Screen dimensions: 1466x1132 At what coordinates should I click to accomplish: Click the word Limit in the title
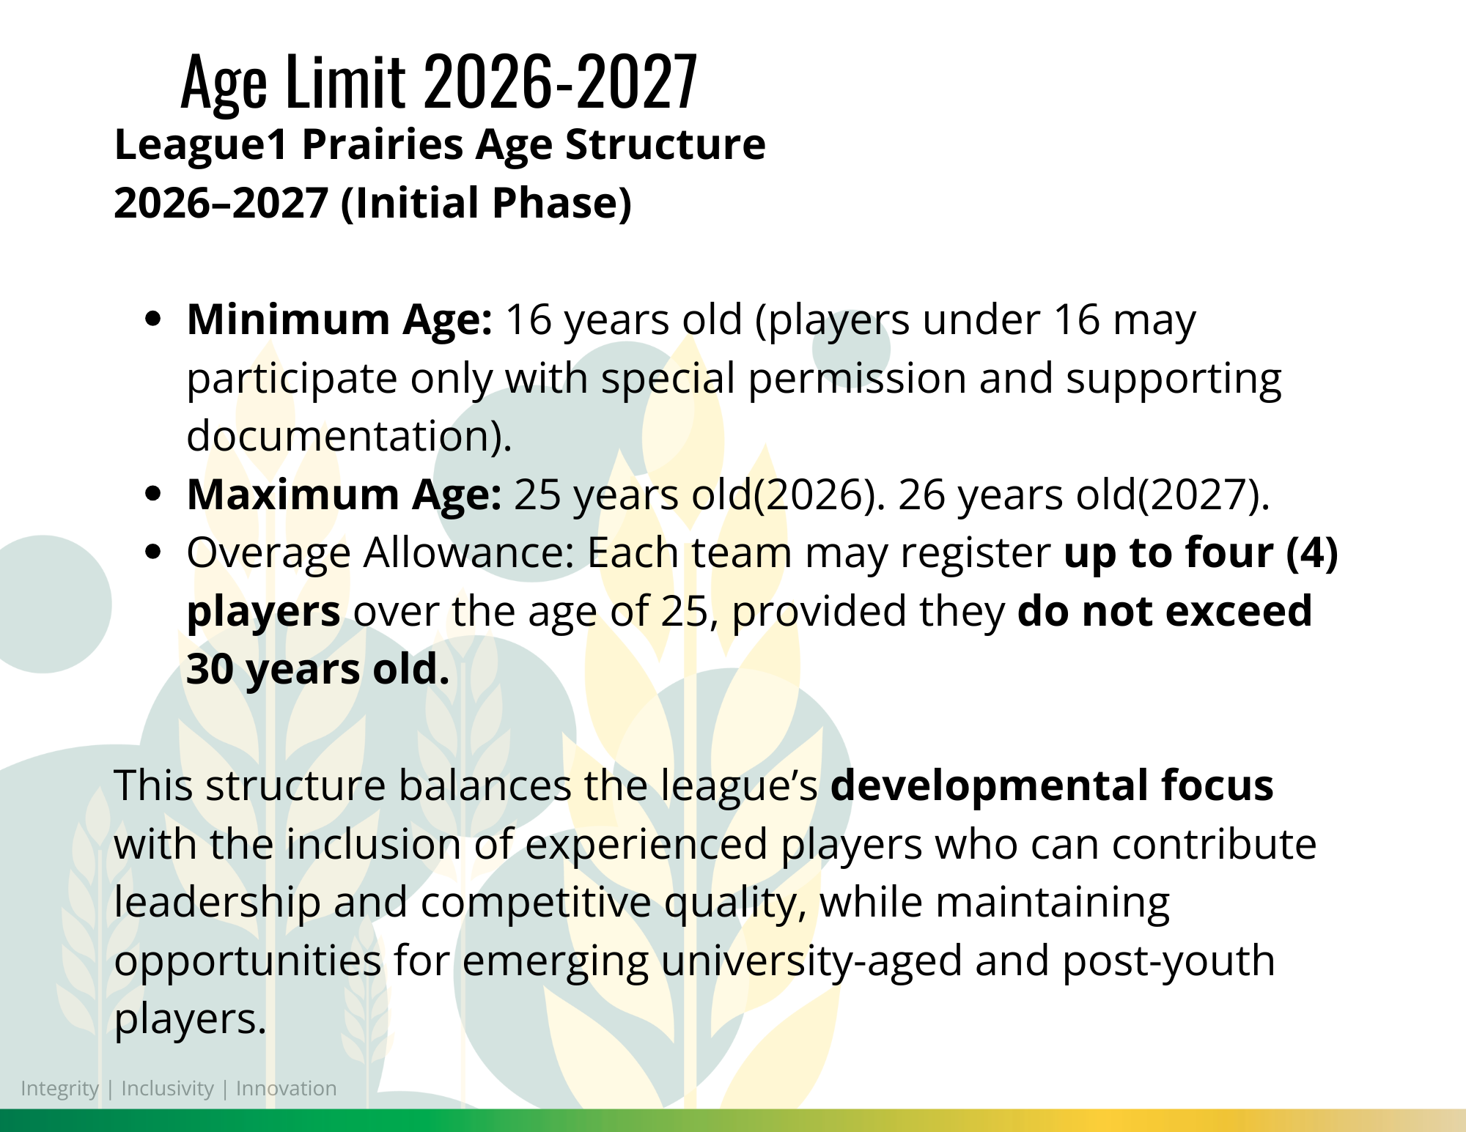(345, 81)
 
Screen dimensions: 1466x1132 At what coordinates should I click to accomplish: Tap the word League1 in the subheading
(202, 145)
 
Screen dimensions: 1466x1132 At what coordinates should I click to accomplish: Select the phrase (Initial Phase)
(486, 204)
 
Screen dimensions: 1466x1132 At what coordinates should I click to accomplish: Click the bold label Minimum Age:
(339, 320)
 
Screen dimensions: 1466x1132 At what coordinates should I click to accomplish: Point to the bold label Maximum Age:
(345, 495)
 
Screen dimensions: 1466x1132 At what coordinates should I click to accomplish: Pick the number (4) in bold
(1312, 552)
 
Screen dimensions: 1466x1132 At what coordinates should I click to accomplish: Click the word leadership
(217, 903)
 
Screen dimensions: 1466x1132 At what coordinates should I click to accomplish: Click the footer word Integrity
(59, 1089)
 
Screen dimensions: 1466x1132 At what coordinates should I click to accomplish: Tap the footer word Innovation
(286, 1088)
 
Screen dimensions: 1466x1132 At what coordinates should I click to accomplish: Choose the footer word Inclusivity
(167, 1089)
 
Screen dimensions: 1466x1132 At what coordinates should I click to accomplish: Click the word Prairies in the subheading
(383, 144)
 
